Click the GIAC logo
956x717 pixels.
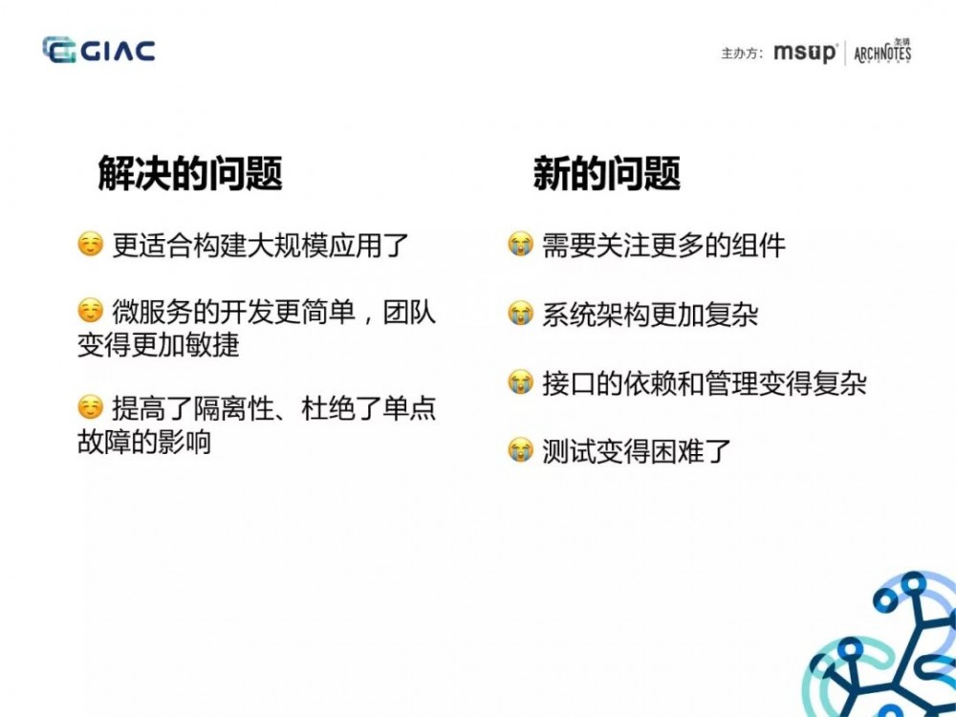click(x=98, y=50)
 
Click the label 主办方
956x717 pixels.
click(x=741, y=53)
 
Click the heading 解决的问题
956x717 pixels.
click(x=190, y=174)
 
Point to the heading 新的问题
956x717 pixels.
click(x=606, y=174)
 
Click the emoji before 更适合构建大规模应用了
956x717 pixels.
click(x=90, y=245)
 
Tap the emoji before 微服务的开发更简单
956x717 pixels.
click(x=90, y=310)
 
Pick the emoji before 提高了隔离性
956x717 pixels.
click(x=90, y=407)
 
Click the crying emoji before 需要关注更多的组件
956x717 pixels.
click(x=520, y=245)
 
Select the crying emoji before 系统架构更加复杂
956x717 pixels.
click(x=520, y=313)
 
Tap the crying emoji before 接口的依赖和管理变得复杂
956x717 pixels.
click(x=520, y=383)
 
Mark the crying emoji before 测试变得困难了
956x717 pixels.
click(x=520, y=450)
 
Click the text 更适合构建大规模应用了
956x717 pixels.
click(x=261, y=246)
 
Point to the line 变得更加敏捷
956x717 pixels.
click(x=158, y=345)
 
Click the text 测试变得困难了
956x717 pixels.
click(x=637, y=451)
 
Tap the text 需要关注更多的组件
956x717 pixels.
click(x=663, y=246)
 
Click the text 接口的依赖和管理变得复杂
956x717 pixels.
click(x=705, y=384)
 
